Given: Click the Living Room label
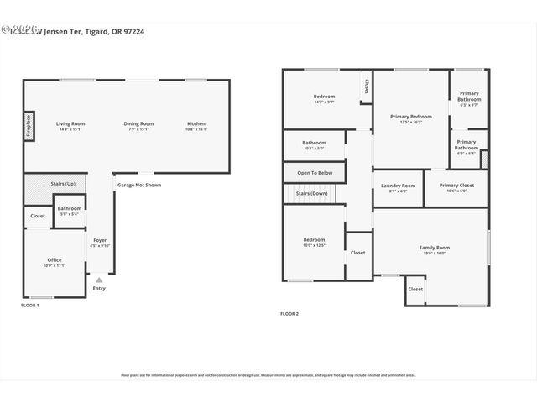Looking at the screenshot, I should coord(70,123).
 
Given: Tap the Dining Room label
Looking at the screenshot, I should coord(139,123).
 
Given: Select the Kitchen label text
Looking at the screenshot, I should coord(196,123).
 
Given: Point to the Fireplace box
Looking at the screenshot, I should coord(29,125).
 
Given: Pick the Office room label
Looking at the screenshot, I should coord(54,260).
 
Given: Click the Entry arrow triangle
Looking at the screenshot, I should coord(99,280).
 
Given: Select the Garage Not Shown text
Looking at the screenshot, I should coord(139,185).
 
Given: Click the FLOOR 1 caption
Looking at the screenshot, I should coord(30,306).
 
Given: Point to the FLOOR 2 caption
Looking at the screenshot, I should coord(289,313).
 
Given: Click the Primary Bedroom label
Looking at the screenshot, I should coord(411,116).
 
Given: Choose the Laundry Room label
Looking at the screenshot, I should coord(398,186).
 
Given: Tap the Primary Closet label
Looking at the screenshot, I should coord(456,186).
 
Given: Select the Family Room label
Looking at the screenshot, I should coord(435,248).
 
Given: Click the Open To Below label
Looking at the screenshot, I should coord(315,173).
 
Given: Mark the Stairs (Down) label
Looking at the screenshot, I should coord(311,194).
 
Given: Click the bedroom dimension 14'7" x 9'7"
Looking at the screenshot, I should coord(324,102).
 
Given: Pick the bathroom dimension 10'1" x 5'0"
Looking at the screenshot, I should coord(314,149).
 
